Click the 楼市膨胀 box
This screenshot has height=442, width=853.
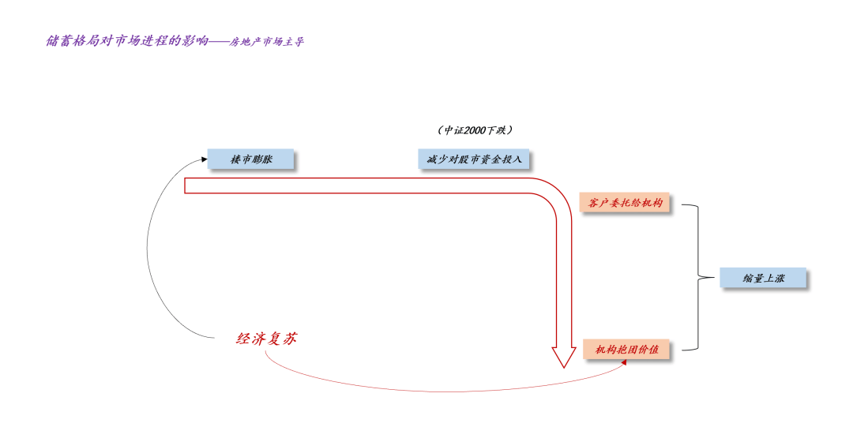(x=250, y=159)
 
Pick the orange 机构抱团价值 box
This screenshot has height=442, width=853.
(x=626, y=349)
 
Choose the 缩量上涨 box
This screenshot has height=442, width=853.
(x=763, y=278)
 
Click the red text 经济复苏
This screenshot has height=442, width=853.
(x=267, y=339)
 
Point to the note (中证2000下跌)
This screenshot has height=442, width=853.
(x=475, y=129)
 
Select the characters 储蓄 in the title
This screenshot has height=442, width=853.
(x=56, y=40)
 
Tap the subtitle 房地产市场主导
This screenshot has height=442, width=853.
(x=267, y=42)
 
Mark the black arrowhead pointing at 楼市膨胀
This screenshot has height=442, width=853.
(x=204, y=159)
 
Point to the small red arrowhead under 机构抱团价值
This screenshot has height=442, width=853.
(x=625, y=365)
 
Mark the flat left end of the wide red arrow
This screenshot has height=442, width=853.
(x=186, y=185)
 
